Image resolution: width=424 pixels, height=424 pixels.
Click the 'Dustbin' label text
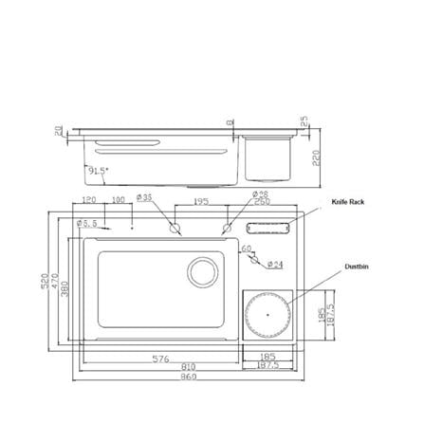click(x=356, y=267)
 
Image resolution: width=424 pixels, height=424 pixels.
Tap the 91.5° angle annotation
click(x=97, y=172)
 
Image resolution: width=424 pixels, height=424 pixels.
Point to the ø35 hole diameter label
click(x=145, y=198)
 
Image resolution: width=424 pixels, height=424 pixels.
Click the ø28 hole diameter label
click(x=261, y=194)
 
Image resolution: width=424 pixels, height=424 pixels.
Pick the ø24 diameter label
click(x=275, y=264)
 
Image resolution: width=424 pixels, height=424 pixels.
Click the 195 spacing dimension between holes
click(x=201, y=202)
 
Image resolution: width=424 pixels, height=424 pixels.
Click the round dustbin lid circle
click(x=267, y=312)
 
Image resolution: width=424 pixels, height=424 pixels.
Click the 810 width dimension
click(x=188, y=367)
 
